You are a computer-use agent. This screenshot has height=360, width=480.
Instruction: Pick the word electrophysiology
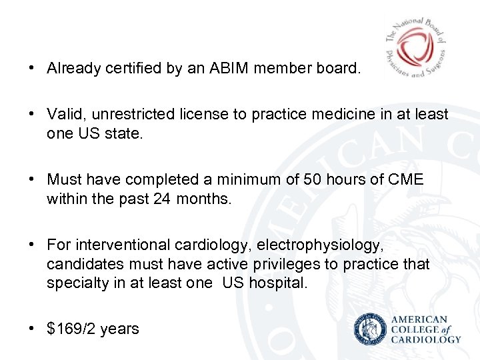(319, 245)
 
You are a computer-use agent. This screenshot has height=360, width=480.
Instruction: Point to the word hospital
(278, 283)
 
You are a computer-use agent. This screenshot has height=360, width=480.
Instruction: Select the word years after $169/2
(120, 329)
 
